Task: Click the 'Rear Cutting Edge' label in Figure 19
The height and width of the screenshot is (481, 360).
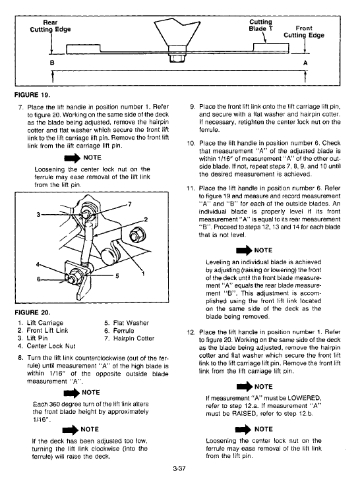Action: click(50, 26)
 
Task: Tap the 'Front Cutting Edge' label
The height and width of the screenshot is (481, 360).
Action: click(304, 32)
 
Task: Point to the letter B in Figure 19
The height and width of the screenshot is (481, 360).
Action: click(52, 63)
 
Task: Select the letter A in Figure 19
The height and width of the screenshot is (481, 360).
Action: click(305, 63)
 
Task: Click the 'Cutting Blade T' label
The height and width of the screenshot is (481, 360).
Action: click(260, 25)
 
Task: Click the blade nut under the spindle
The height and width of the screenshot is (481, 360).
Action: click(177, 57)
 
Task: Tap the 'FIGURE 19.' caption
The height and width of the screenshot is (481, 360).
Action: click(32, 95)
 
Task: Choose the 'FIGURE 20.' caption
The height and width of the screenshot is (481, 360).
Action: click(32, 312)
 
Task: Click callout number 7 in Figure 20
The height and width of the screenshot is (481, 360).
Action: click(129, 204)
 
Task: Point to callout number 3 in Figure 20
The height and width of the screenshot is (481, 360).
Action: click(38, 214)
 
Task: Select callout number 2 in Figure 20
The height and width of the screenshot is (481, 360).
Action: click(146, 219)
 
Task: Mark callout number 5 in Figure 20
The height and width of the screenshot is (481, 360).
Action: click(117, 276)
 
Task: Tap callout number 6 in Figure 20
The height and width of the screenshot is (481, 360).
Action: click(38, 279)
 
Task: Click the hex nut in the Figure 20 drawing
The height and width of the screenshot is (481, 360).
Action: click(135, 236)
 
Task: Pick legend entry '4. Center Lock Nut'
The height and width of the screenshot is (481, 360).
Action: click(47, 346)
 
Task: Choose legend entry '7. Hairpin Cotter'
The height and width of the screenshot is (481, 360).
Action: click(129, 339)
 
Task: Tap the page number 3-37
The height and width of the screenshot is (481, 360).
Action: click(179, 468)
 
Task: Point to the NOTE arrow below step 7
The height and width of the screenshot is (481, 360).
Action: click(72, 158)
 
